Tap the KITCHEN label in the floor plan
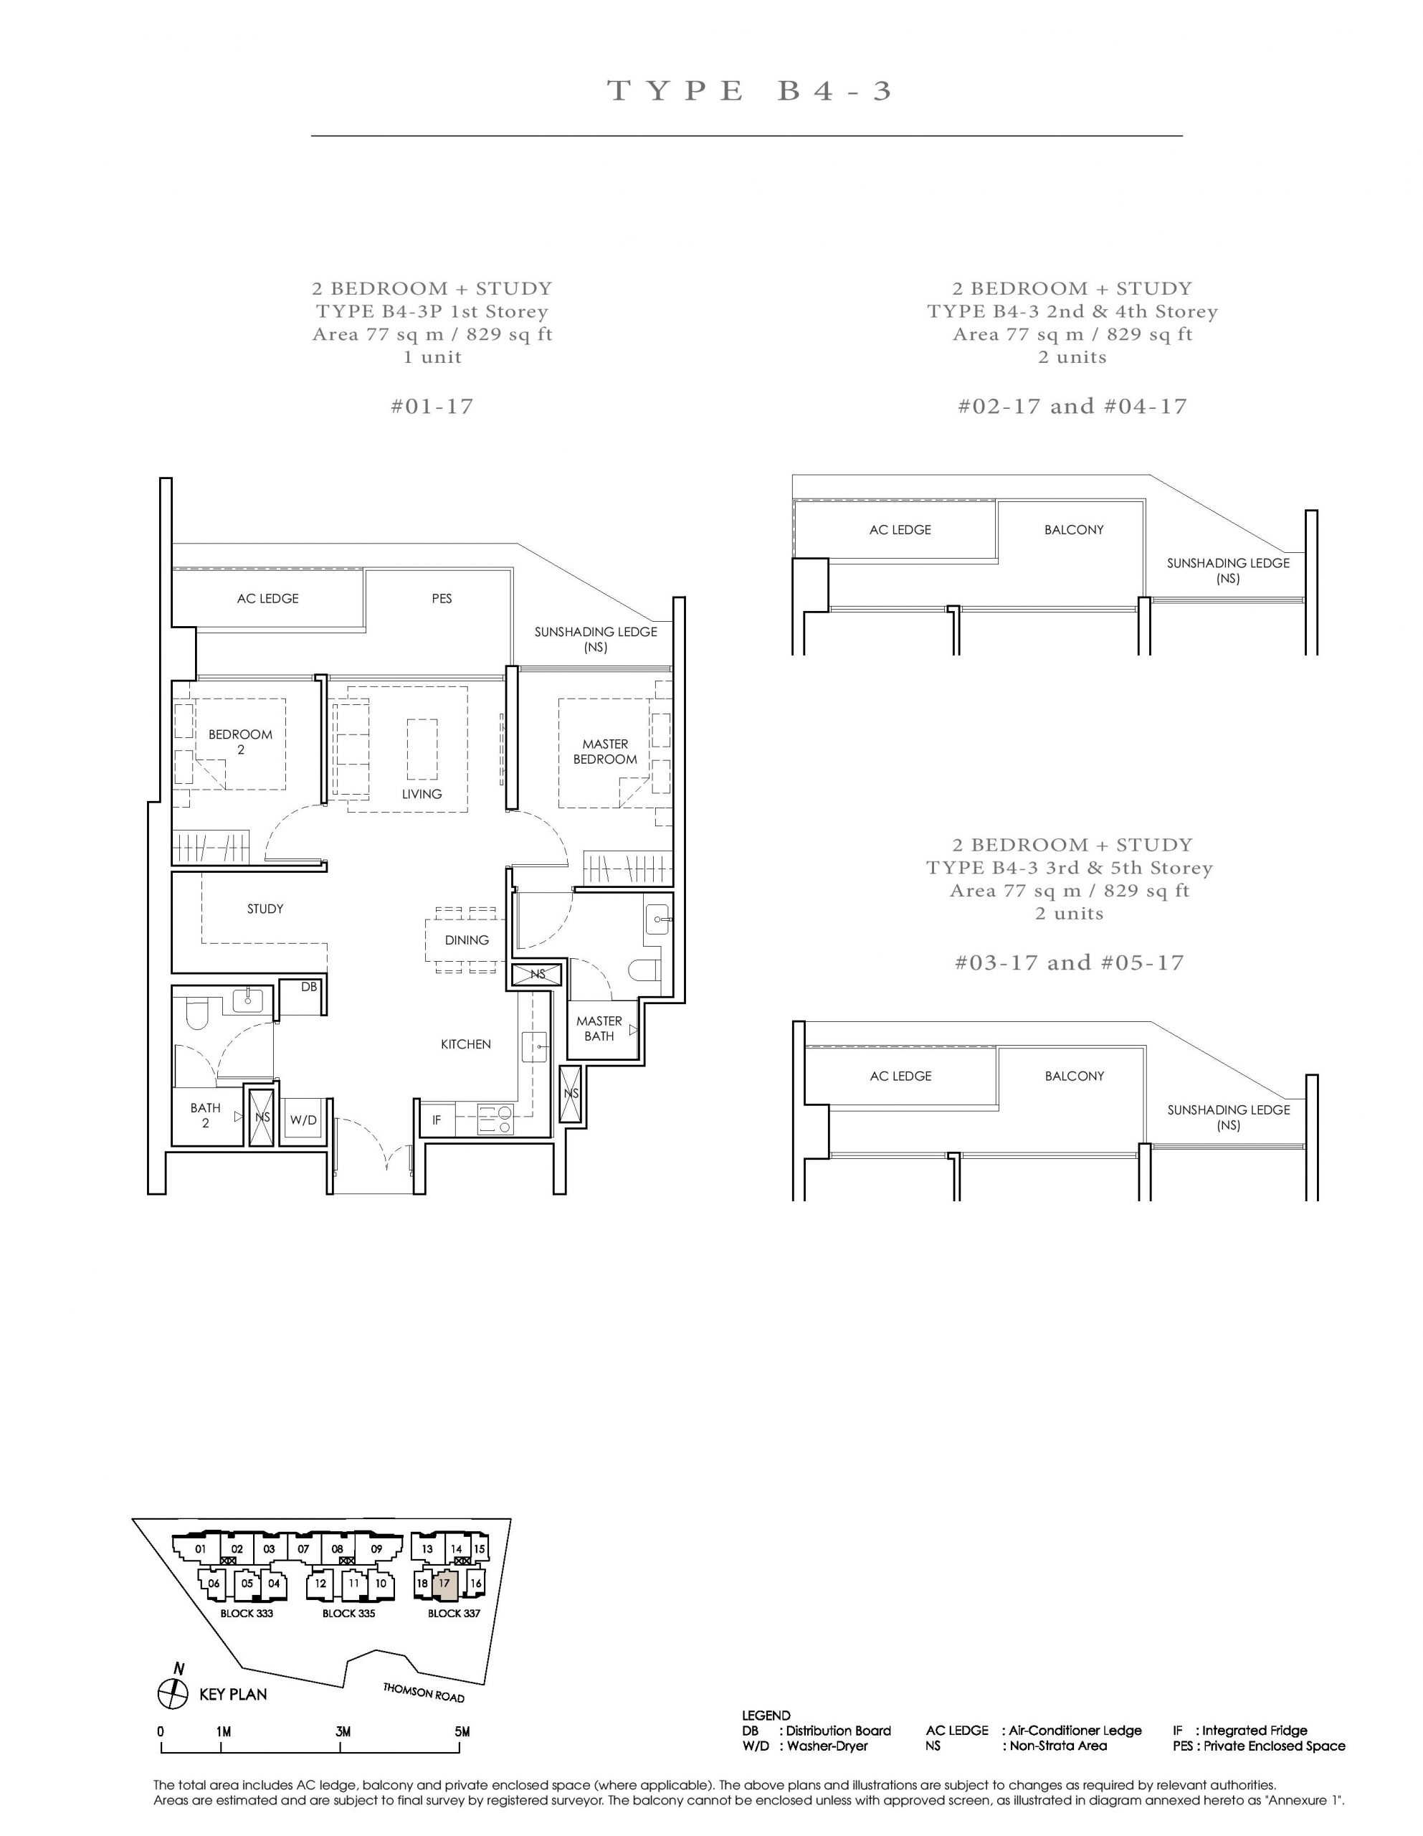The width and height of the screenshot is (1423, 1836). click(466, 1044)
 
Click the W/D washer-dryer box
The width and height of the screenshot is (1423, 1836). click(303, 1120)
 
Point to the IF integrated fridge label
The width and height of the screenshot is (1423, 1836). click(437, 1120)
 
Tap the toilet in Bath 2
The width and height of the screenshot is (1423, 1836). click(195, 1015)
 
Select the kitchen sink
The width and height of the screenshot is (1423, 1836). click(534, 1046)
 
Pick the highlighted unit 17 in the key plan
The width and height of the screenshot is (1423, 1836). click(444, 1584)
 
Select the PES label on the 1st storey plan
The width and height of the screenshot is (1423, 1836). click(442, 599)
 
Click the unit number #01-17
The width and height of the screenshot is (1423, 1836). click(432, 407)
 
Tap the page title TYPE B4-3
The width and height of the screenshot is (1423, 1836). click(748, 91)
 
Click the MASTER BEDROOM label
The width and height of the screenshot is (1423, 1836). click(605, 752)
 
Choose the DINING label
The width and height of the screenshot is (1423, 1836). click(467, 940)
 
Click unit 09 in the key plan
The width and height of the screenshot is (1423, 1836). click(376, 1548)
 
